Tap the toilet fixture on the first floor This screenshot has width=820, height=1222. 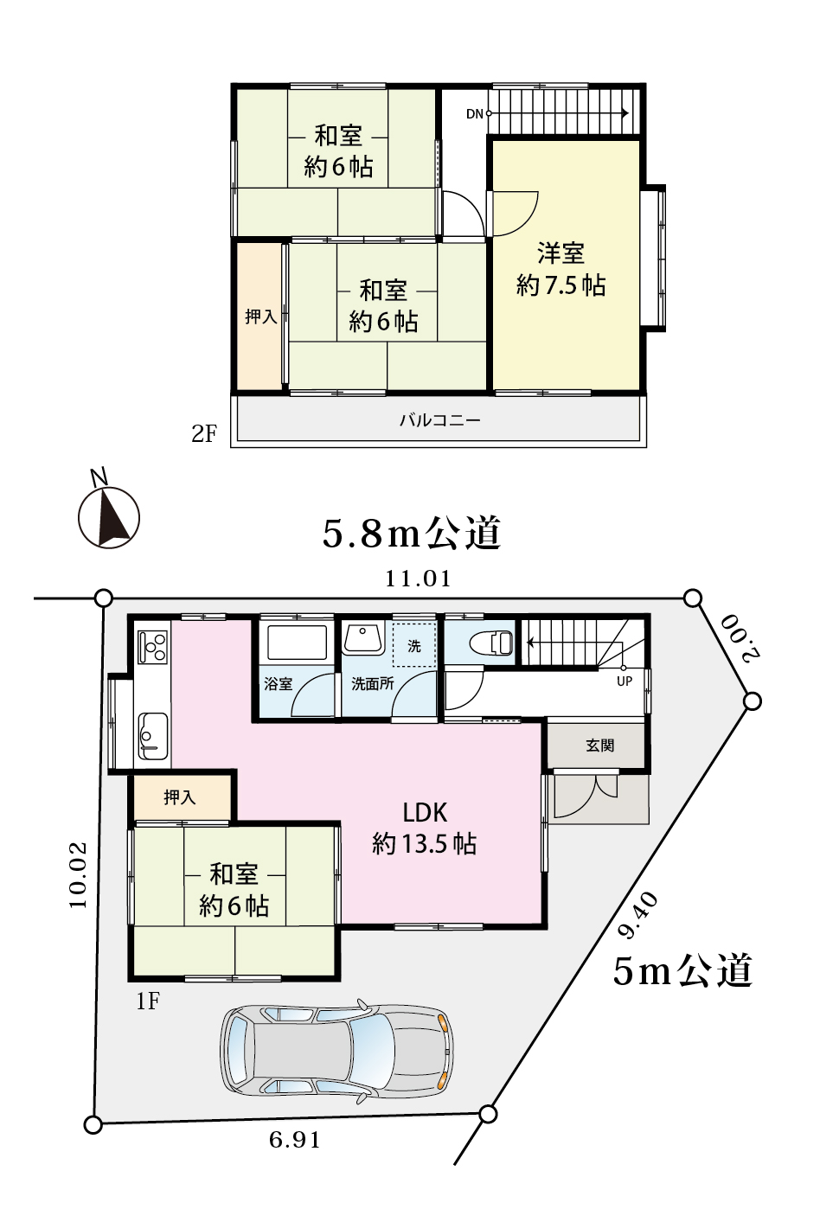[491, 642]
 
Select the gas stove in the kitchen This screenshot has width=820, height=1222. [153, 647]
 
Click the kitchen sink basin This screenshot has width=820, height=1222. [153, 735]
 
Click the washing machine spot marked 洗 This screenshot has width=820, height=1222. [414, 646]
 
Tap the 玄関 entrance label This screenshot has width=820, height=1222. [600, 745]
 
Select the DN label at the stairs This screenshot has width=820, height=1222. [475, 114]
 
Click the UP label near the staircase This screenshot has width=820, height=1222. [625, 681]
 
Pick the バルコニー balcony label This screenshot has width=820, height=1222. [440, 420]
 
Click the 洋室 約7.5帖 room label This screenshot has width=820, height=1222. [561, 270]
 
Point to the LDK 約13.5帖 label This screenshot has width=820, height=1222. [425, 829]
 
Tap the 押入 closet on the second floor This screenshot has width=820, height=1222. [260, 317]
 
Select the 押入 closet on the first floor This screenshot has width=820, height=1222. [180, 797]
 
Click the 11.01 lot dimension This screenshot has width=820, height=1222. [419, 579]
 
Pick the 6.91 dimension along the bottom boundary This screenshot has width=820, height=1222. [295, 1140]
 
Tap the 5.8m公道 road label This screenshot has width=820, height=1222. [412, 533]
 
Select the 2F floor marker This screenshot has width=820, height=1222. [204, 434]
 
